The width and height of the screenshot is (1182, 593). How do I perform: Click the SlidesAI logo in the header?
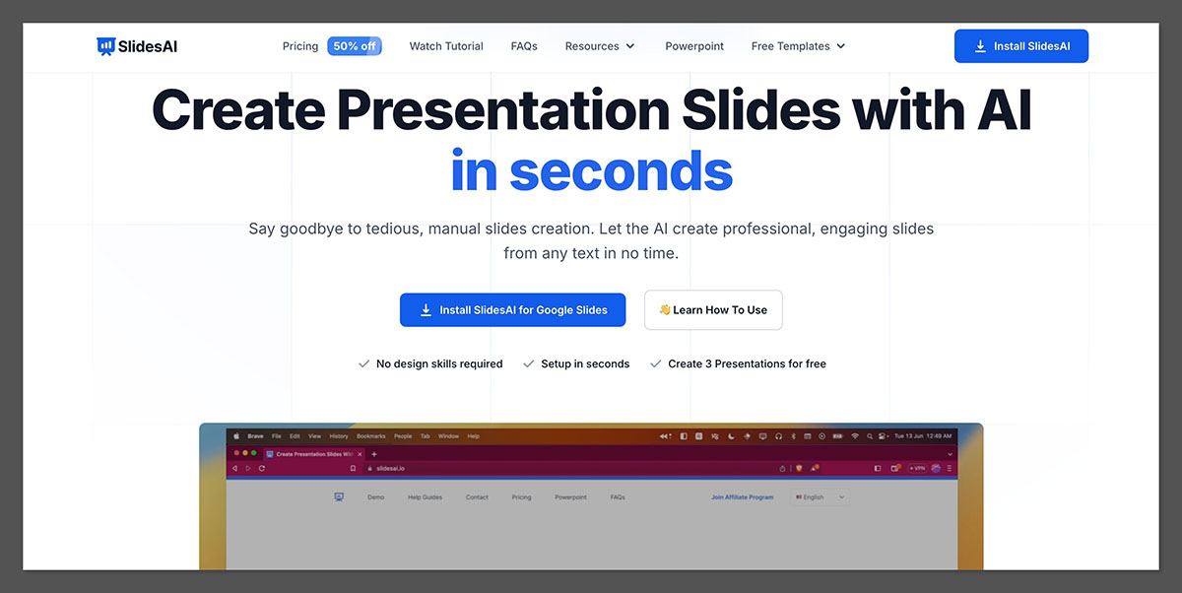[x=137, y=46]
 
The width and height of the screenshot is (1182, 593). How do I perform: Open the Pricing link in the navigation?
[x=300, y=46]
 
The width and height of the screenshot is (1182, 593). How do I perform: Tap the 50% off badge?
[x=354, y=46]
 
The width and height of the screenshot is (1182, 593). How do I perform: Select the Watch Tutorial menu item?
[x=446, y=46]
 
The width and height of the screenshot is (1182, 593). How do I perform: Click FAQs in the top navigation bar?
[x=524, y=46]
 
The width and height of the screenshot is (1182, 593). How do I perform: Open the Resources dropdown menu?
[x=599, y=46]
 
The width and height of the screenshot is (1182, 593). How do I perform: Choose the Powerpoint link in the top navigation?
[x=694, y=46]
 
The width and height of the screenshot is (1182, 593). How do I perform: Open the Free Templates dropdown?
[x=798, y=46]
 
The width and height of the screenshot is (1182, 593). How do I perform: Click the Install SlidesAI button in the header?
[x=1020, y=46]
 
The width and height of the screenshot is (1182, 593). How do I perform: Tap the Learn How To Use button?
[x=713, y=309]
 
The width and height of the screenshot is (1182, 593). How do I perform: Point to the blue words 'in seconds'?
[x=591, y=170]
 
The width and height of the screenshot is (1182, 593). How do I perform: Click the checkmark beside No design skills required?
[x=363, y=363]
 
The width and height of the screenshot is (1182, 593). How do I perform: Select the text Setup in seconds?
[x=585, y=363]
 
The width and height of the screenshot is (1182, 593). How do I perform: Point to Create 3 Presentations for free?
[x=747, y=363]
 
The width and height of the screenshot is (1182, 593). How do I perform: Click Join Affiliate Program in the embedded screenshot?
[x=742, y=497]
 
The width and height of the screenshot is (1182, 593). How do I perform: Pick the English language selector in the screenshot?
[x=820, y=497]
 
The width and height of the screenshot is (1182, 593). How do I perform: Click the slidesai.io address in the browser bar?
[x=390, y=469]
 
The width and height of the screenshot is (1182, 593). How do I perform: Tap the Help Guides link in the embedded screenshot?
[x=425, y=497]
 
